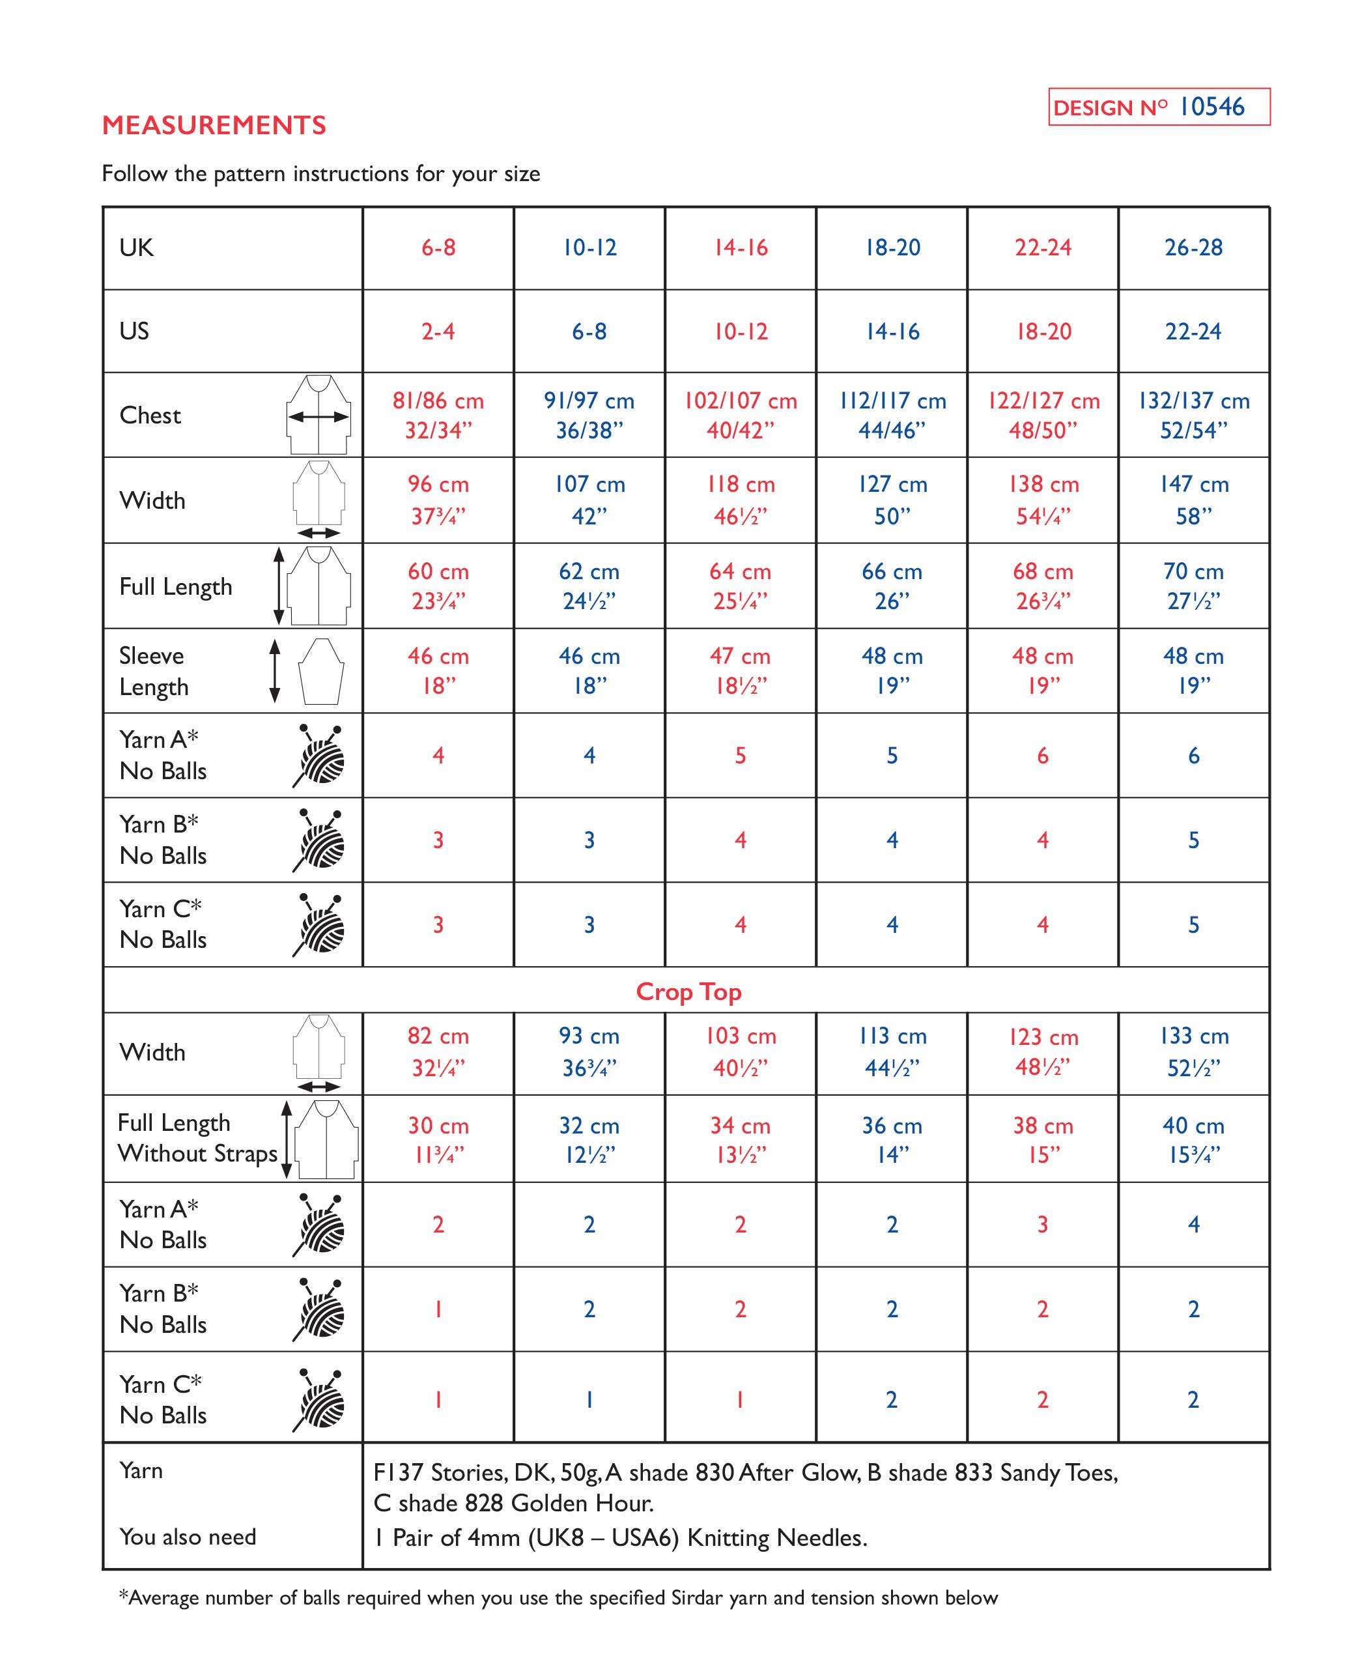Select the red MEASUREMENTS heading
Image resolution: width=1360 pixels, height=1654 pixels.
point(214,125)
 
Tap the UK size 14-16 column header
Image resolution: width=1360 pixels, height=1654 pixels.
point(741,248)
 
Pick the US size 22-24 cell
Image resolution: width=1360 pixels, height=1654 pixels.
point(1193,332)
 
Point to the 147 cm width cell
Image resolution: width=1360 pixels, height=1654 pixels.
point(1193,500)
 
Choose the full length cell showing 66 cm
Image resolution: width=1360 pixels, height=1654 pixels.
point(892,585)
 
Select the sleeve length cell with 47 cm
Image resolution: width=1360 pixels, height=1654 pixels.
point(741,671)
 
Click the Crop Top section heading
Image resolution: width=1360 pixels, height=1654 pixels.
point(688,992)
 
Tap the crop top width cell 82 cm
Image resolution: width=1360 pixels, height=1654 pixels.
point(438,1051)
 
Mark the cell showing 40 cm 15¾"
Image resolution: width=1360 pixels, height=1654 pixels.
point(1193,1139)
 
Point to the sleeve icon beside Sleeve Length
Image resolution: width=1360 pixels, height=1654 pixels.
point(321,672)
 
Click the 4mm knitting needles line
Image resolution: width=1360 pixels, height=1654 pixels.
point(619,1537)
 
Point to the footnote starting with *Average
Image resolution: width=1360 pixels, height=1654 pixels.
point(558,1597)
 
